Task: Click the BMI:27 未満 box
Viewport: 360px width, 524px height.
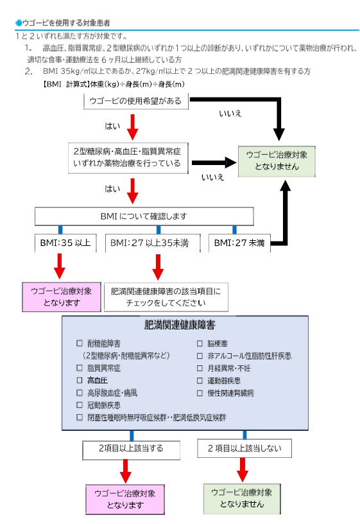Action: [x=239, y=243]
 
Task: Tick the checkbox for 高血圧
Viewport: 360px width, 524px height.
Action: [x=80, y=380]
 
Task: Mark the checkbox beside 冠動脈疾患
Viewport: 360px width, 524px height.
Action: [x=80, y=405]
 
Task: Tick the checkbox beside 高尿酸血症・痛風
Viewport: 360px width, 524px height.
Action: [x=80, y=392]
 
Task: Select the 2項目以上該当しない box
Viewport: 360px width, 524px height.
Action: [x=244, y=447]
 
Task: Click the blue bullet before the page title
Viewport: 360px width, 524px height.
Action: [x=19, y=22]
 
